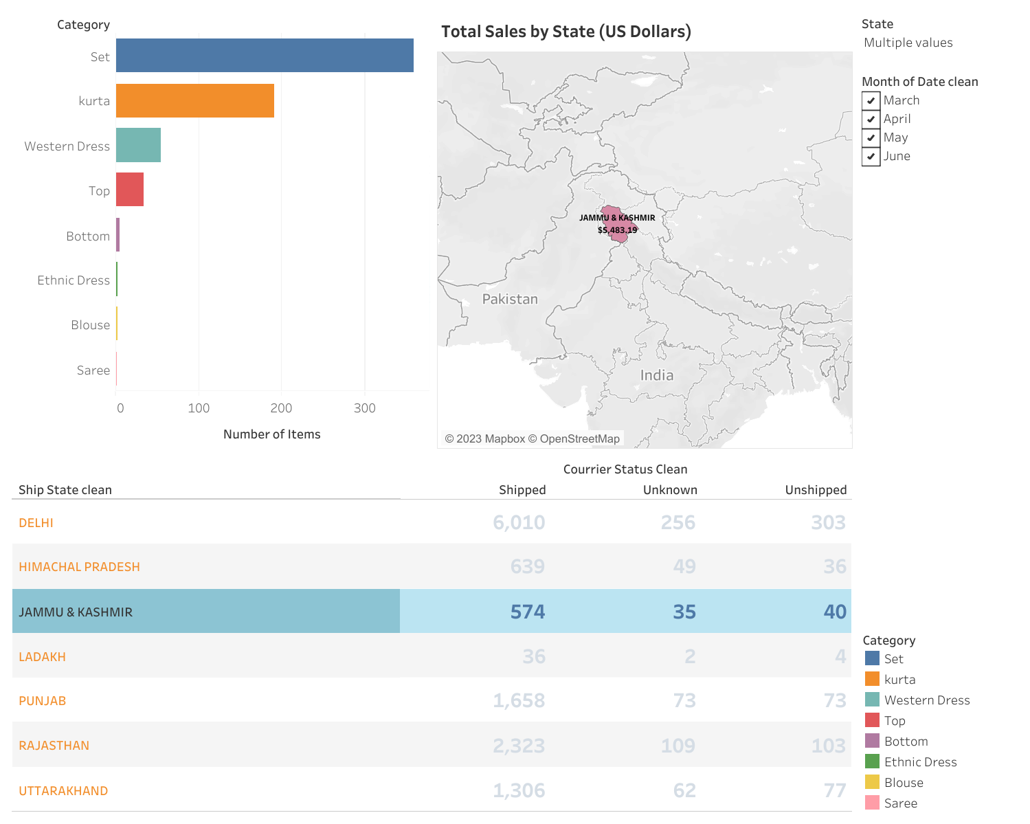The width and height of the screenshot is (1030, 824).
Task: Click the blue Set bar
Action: point(265,56)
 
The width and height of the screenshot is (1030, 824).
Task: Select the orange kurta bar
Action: point(195,101)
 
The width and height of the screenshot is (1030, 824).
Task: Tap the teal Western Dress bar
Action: point(138,145)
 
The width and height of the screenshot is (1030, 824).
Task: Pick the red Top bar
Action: point(130,190)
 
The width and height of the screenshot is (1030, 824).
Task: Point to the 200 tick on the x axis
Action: point(281,408)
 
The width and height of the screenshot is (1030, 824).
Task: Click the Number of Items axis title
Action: point(271,434)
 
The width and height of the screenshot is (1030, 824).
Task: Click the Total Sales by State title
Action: point(566,32)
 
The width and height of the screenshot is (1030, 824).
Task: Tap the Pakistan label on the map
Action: point(510,299)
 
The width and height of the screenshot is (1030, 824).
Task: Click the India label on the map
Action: point(657,375)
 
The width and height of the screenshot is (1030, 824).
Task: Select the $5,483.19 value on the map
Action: point(617,230)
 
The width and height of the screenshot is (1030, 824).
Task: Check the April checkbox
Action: point(871,119)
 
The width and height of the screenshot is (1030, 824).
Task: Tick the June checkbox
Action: point(871,156)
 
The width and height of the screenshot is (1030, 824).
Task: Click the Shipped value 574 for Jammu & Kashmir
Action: point(527,612)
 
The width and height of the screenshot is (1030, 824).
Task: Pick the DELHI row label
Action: point(36,523)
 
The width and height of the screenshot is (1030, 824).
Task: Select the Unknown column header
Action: point(670,490)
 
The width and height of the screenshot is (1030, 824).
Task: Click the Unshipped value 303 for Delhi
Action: point(828,522)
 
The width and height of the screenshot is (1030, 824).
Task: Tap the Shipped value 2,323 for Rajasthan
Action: point(519,746)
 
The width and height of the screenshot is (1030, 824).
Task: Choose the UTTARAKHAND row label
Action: point(63,791)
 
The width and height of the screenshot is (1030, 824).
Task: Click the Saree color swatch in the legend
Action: point(872,803)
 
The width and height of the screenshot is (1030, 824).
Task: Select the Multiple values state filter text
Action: point(908,43)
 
